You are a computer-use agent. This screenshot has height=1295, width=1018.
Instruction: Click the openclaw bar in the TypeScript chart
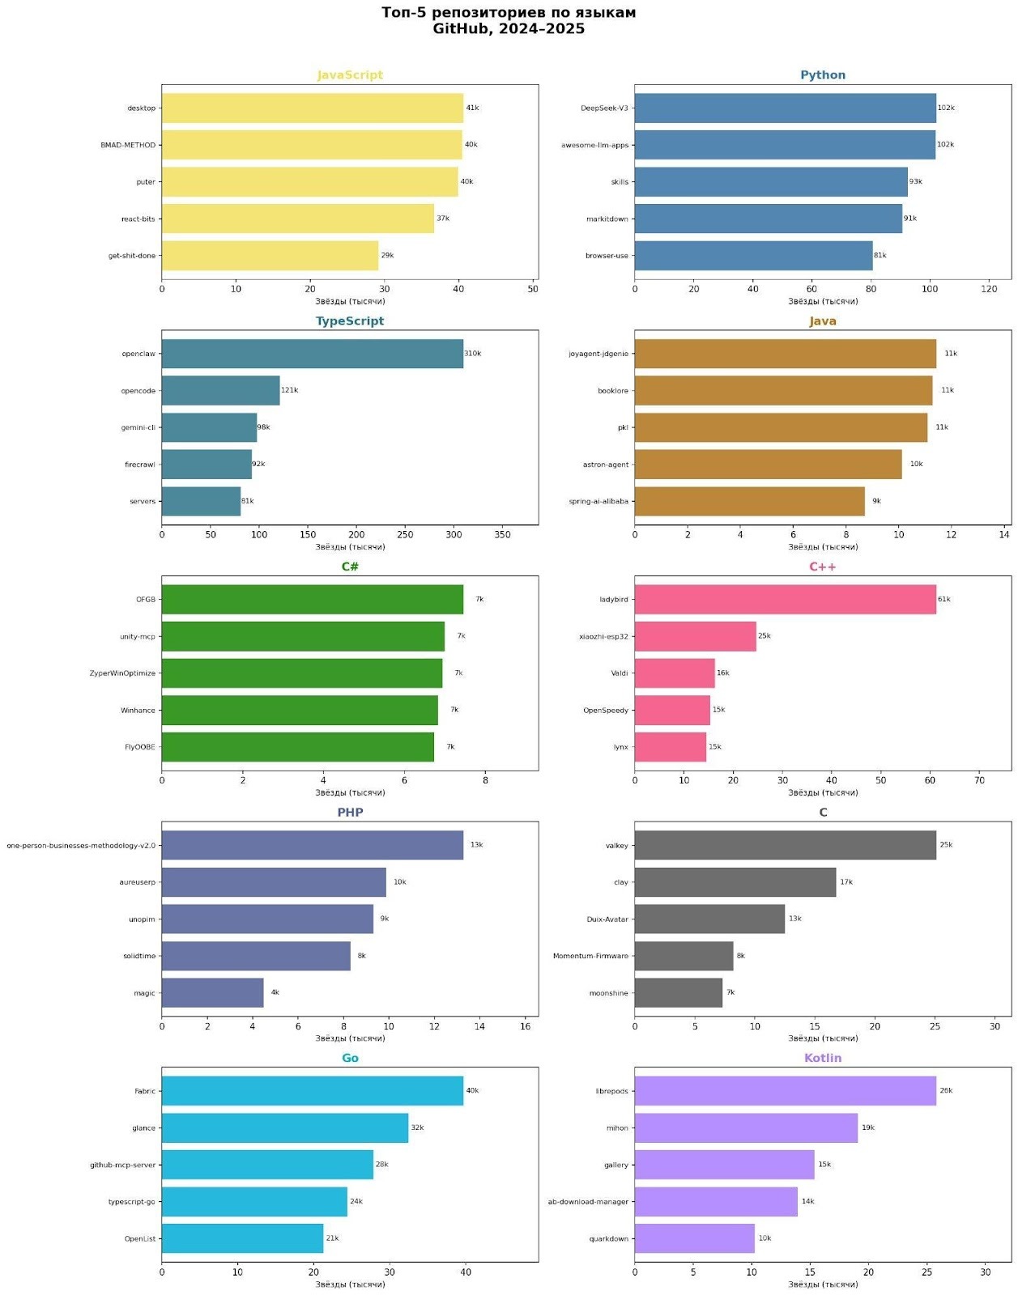click(x=312, y=354)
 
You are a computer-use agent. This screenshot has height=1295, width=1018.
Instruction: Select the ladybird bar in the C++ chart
click(x=784, y=600)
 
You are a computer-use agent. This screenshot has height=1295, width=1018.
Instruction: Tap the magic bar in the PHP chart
click(x=212, y=993)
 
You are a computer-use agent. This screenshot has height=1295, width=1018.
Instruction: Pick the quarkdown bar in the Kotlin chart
click(x=694, y=1239)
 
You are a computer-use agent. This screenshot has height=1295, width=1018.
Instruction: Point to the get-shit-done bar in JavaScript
click(x=270, y=256)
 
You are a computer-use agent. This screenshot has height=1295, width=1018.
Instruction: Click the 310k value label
click(x=473, y=354)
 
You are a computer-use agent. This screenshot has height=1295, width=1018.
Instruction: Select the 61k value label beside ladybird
click(x=944, y=600)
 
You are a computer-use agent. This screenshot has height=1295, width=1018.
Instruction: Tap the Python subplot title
click(x=823, y=75)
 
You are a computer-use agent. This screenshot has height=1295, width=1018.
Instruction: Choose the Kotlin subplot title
click(x=823, y=1059)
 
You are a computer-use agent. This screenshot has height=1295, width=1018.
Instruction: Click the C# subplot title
click(x=350, y=567)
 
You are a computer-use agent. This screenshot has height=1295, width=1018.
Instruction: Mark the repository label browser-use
click(x=607, y=256)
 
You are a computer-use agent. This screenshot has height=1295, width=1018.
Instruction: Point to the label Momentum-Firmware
click(x=590, y=957)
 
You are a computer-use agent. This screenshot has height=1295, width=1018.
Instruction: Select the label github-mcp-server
click(x=122, y=1165)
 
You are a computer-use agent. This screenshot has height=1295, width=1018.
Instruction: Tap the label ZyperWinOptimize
click(x=122, y=673)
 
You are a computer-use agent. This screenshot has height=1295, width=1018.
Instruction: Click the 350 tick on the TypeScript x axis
click(x=502, y=535)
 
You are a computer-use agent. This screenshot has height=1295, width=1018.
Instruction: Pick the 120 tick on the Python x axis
click(x=989, y=289)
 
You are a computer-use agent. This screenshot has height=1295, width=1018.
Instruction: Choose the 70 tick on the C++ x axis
click(x=979, y=781)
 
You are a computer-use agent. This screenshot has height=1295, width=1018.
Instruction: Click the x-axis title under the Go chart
click(x=350, y=1284)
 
